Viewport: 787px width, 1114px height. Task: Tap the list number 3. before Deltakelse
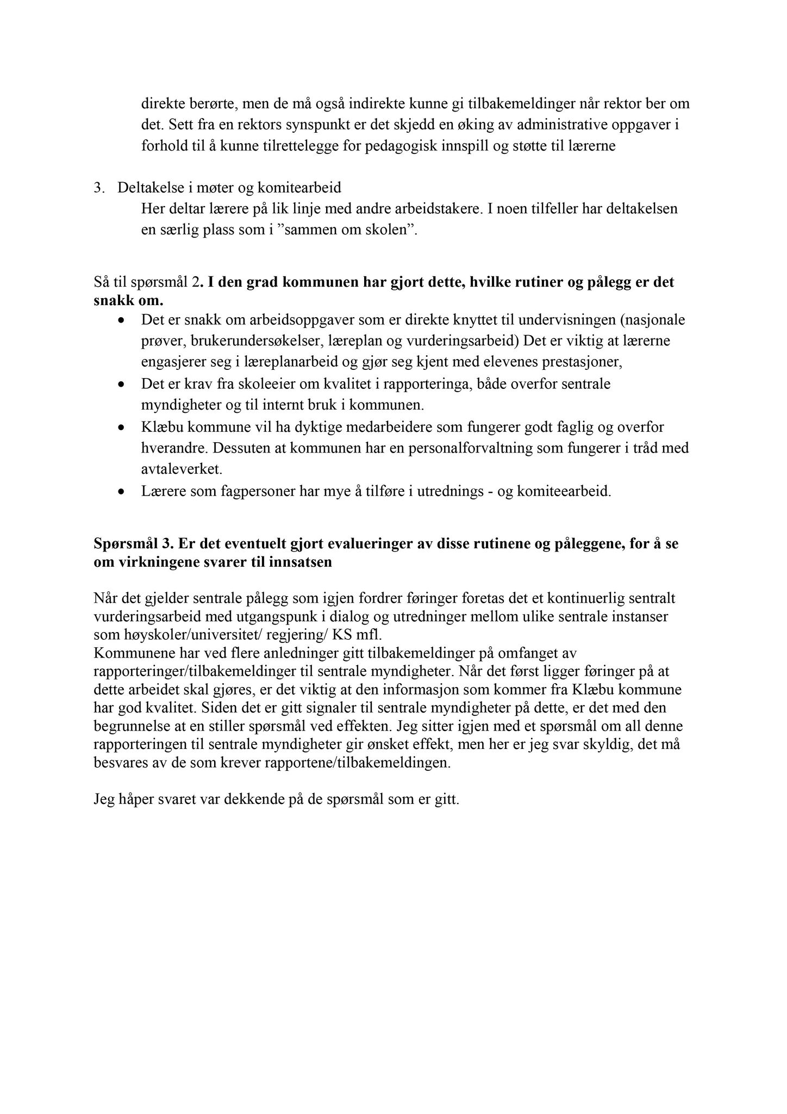pos(98,188)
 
